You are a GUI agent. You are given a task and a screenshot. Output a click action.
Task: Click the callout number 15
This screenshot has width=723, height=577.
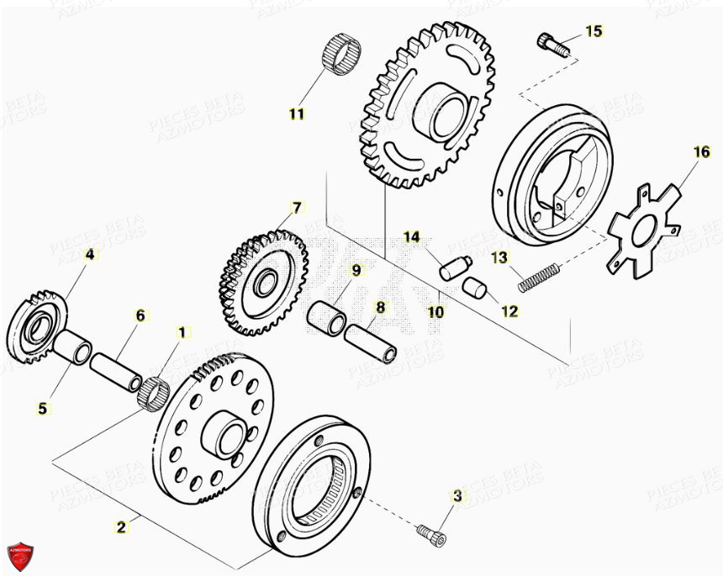(594, 31)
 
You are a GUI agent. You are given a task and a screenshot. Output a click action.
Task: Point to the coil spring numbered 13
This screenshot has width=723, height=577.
(539, 276)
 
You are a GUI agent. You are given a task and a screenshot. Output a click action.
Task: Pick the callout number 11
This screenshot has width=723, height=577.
(297, 114)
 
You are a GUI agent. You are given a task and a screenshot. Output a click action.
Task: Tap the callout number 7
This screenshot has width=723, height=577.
(295, 206)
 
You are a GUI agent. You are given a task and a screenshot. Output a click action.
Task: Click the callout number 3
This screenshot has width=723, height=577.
(457, 496)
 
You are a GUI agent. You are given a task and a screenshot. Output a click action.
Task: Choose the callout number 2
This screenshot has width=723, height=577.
(122, 527)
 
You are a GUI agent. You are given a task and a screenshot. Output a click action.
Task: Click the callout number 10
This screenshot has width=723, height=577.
(435, 311)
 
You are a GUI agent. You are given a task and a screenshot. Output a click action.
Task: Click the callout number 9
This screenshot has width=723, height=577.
(356, 270)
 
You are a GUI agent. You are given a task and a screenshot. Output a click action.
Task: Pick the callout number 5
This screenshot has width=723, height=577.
(43, 409)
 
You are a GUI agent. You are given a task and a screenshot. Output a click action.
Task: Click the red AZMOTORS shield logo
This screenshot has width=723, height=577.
(20, 553)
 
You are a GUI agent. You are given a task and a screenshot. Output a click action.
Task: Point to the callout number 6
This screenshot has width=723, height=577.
(140, 315)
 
